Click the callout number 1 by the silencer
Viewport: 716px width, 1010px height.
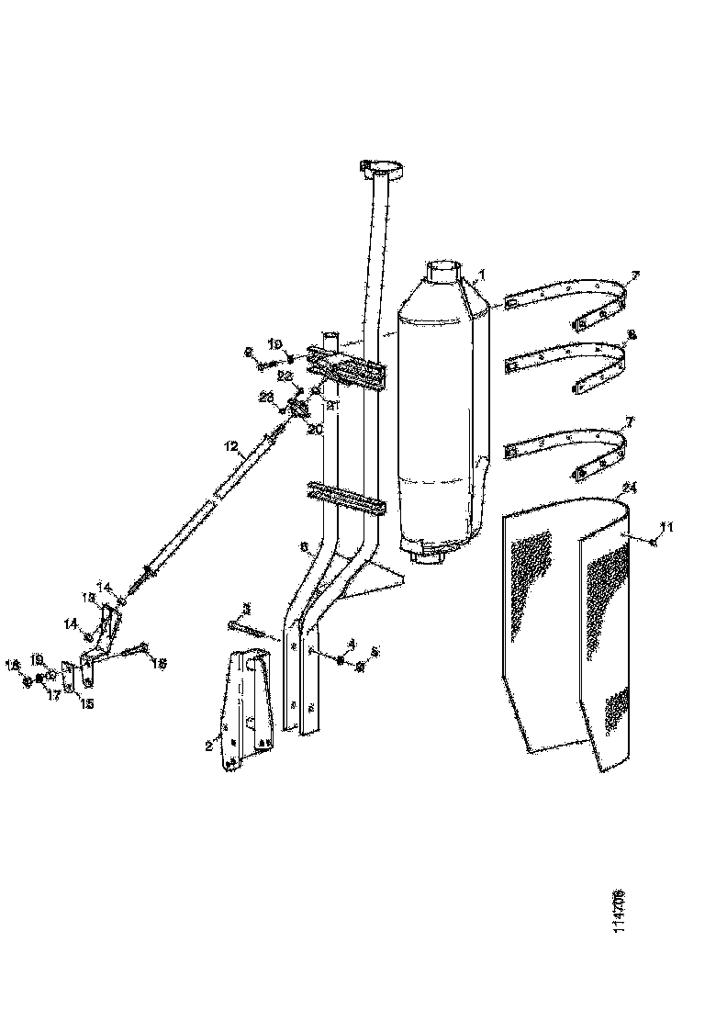point(484,275)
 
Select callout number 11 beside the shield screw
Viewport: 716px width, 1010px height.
point(667,526)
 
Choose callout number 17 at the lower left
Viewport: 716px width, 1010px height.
point(53,695)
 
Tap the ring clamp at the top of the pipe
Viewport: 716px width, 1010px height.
point(386,169)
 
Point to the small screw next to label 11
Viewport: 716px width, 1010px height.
point(653,543)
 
